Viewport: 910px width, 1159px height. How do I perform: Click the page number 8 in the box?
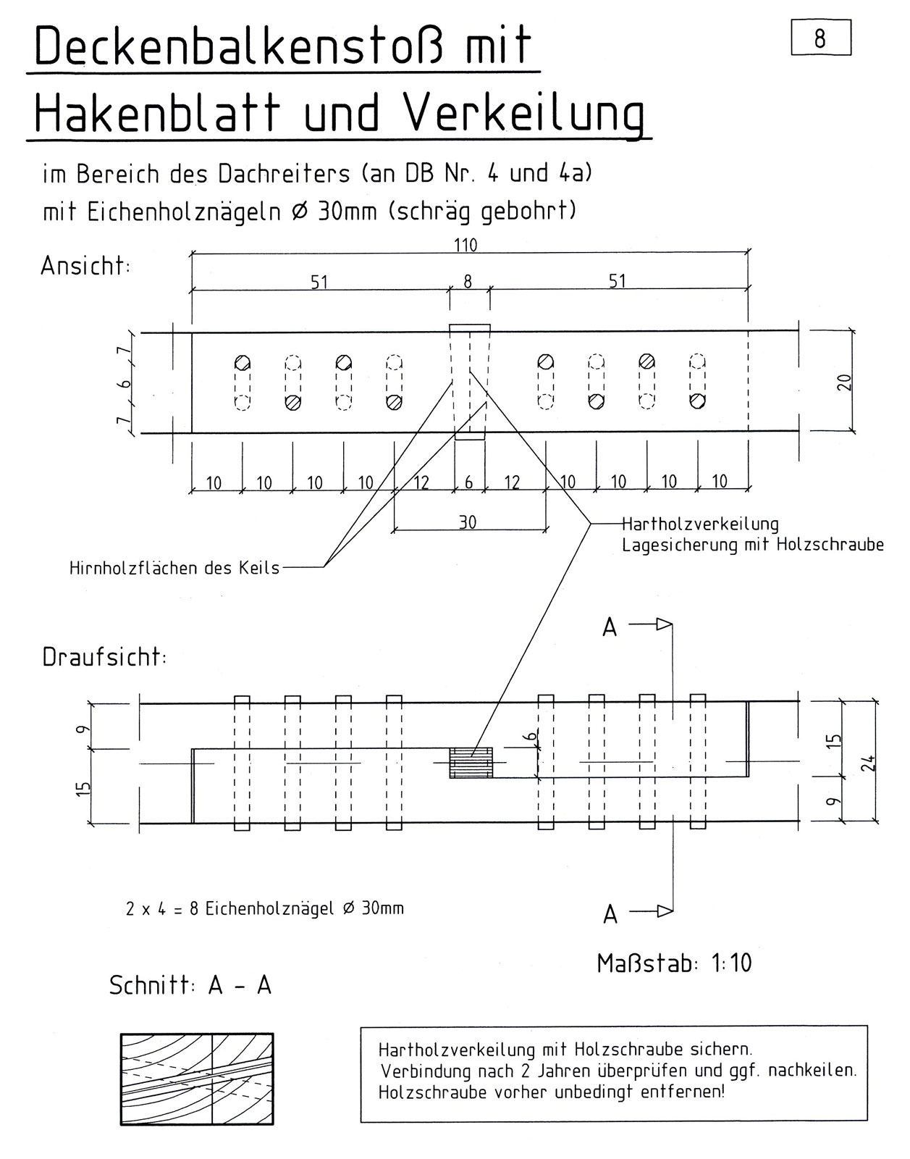[821, 38]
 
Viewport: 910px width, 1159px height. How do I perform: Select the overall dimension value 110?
[465, 246]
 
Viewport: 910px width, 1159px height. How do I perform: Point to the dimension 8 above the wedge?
[468, 281]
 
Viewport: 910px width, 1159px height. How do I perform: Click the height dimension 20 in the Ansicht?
[844, 382]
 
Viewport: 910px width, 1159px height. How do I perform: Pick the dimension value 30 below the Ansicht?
[468, 522]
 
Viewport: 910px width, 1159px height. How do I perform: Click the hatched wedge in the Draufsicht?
[471, 763]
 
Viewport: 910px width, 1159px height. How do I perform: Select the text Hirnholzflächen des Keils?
[174, 568]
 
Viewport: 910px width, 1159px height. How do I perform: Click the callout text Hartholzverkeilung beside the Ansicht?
[700, 524]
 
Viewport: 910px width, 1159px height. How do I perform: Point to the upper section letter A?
[610, 627]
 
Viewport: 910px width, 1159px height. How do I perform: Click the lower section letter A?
[610, 915]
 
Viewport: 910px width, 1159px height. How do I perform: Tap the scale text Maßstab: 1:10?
[674, 963]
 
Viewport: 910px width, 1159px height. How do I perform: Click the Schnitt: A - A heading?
[190, 985]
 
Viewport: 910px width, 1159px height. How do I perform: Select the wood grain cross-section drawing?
[197, 1079]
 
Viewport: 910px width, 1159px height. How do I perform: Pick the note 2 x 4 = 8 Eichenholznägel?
[264, 908]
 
